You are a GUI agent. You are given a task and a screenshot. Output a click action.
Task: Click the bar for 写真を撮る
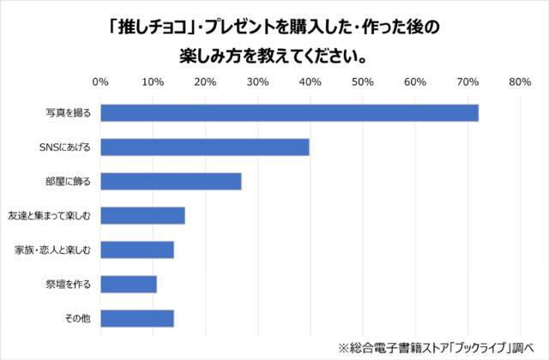coord(289,112)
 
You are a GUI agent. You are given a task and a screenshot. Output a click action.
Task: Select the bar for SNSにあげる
coord(205,147)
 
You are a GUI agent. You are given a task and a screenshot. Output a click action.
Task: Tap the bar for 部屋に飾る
coord(171,181)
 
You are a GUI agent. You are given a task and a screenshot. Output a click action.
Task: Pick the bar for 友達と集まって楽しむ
coord(142,215)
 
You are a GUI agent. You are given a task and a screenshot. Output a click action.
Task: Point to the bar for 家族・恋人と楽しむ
coord(137,249)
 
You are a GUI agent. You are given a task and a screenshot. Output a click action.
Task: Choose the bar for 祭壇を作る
coord(129,284)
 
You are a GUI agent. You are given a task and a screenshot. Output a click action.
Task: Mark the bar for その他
coord(137,318)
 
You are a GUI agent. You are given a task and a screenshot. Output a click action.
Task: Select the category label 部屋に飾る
coord(72,181)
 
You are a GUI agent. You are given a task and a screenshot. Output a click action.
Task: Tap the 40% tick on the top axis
coord(310,82)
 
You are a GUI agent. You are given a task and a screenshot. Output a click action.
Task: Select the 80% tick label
coord(520,82)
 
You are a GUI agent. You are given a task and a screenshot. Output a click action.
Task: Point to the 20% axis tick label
coord(204,82)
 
